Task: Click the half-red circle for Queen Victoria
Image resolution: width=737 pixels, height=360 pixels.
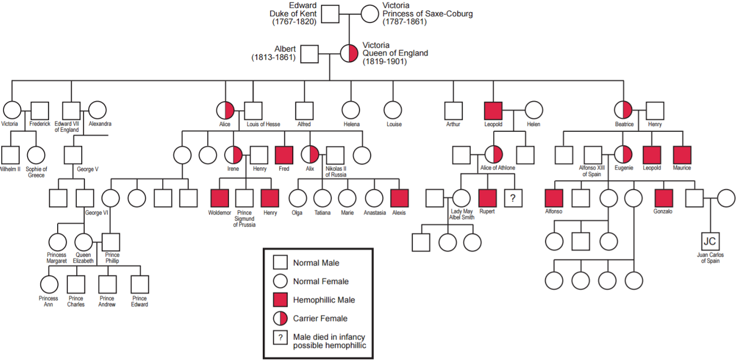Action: [x=349, y=54]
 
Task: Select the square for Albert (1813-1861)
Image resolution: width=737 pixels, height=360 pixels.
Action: [x=309, y=54]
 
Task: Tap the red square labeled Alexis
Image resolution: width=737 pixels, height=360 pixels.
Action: [x=399, y=198]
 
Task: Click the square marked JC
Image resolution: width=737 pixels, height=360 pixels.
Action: [x=710, y=241]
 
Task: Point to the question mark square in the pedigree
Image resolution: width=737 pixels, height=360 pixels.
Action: [x=513, y=198]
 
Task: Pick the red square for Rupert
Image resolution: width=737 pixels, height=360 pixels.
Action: [x=487, y=198]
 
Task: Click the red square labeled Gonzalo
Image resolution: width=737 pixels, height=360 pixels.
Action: [x=663, y=198]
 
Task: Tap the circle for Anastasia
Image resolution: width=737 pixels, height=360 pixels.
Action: [x=374, y=198]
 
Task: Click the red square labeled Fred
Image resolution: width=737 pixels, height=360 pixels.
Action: [x=284, y=154]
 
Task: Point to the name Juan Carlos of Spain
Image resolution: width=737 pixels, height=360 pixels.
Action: [x=710, y=258]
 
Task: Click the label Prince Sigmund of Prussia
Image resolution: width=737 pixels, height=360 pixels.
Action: [x=244, y=218]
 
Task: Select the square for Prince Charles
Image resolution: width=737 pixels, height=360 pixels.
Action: [x=76, y=284]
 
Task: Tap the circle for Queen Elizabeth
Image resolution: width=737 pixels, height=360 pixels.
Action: [x=83, y=242]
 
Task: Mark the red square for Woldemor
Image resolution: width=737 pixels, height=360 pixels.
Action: [x=219, y=198]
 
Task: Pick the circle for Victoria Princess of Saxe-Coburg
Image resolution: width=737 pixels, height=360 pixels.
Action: [x=370, y=14]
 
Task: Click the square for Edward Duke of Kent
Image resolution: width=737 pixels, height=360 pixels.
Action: [x=330, y=14]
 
